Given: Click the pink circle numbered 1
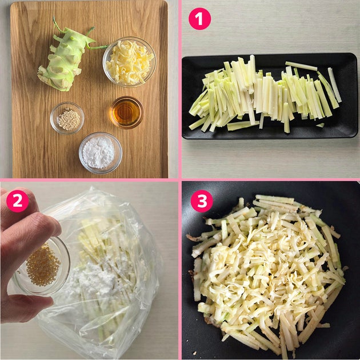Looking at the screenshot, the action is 199,19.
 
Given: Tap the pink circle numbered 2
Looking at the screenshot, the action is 18,201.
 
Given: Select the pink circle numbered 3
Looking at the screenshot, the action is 202,201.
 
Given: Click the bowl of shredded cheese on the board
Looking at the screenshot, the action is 130,62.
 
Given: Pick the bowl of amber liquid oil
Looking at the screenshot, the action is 126,112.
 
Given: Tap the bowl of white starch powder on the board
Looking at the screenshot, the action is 101,153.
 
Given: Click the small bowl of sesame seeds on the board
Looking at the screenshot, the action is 67,118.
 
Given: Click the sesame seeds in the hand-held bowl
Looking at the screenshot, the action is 43,266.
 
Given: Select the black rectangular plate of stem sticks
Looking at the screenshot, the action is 270,96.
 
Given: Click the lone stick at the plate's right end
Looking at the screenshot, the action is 334,85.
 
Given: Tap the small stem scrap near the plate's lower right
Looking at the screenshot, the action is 320,125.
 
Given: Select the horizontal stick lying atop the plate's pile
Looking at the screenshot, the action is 301,66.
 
